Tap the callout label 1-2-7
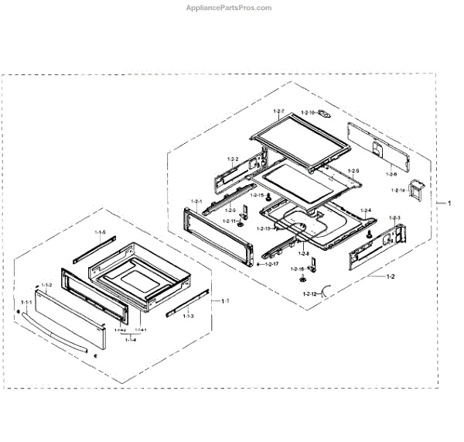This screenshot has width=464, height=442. tap(278, 113)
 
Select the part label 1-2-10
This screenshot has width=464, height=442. tap(308, 113)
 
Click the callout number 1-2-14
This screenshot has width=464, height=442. tap(399, 190)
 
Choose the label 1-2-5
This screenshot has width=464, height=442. tap(353, 170)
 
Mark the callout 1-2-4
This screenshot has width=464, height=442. tap(365, 211)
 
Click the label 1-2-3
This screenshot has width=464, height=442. tap(394, 218)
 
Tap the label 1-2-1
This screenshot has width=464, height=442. tap(195, 202)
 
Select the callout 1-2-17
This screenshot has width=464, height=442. tap(271, 265)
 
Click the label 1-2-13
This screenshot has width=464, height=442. tap(264, 228)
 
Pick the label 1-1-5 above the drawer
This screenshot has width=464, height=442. tap(101, 233)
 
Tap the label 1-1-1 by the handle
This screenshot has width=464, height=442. tap(26, 301)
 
